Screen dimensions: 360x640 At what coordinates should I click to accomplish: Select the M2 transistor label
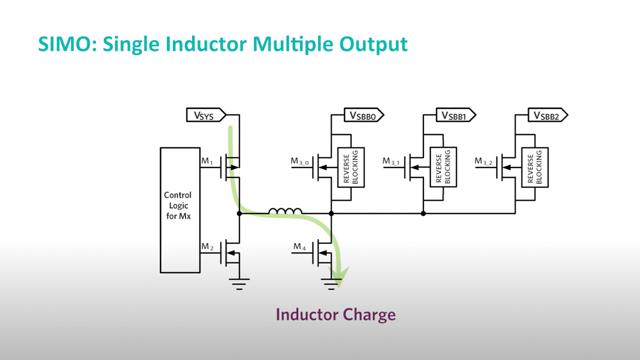207,246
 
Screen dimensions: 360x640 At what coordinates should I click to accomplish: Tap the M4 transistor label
299,246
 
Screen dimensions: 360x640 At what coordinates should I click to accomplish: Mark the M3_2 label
484,161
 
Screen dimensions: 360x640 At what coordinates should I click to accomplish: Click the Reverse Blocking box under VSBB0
351,167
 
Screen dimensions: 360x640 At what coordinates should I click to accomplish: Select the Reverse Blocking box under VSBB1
443,167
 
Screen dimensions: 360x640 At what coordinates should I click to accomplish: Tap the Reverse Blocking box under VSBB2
535,167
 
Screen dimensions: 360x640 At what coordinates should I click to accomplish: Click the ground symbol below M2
239,283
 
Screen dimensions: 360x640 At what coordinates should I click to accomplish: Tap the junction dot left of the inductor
239,213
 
